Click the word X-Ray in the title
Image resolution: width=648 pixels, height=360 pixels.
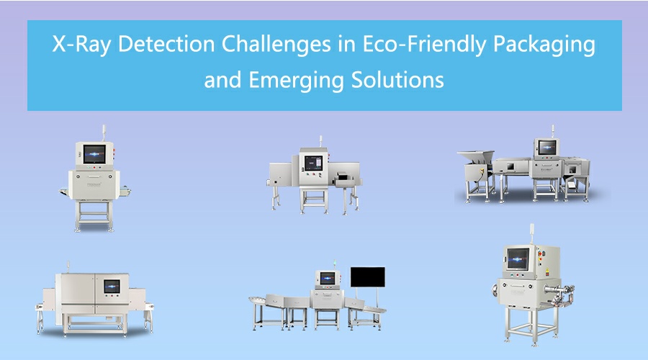pos(81,44)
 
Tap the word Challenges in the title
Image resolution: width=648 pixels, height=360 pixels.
pos(276,43)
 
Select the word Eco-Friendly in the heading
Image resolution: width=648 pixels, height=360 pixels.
pos(424,44)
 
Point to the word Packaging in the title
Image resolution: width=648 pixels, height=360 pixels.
pos(544,44)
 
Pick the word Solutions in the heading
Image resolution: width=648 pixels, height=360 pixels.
pos(397,79)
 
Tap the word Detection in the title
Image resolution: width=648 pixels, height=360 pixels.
pos(166,43)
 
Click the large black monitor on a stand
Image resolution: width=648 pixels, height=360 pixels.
pos(367,277)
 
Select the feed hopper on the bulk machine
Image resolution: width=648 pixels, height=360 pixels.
pos(476,158)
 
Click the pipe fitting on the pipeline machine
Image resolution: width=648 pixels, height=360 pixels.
pos(560,292)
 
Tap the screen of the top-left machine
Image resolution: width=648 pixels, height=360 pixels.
pos(94,154)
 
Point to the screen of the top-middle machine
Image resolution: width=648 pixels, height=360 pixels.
pos(313,163)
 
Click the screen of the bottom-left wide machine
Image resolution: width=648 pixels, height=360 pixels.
pos(112,286)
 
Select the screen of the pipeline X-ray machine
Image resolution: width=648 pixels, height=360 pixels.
pos(518,258)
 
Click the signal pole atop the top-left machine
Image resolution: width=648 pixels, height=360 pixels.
pos(104,133)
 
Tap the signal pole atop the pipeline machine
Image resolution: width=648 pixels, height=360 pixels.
pos(532,234)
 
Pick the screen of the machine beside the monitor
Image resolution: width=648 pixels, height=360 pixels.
pos(328,278)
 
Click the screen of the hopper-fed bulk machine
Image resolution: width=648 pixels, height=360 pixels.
pos(547,147)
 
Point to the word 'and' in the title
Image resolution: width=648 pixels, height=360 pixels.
pos(222,80)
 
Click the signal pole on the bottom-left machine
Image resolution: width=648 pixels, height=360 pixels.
pos(68,267)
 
